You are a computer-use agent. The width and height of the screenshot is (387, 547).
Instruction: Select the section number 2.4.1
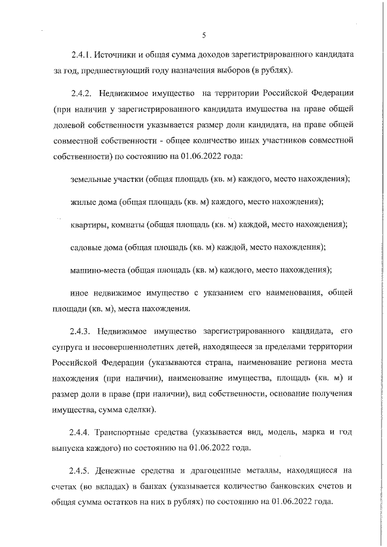tap(81, 55)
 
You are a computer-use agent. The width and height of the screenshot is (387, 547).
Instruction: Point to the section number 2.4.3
tap(82, 332)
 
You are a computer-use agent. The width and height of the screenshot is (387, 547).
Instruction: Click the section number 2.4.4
tap(82, 450)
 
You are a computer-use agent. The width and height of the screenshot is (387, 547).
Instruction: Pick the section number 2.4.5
tap(82, 487)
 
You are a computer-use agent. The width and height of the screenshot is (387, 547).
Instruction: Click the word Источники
tap(119, 55)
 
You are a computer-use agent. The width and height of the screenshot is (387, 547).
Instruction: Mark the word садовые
tap(86, 247)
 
